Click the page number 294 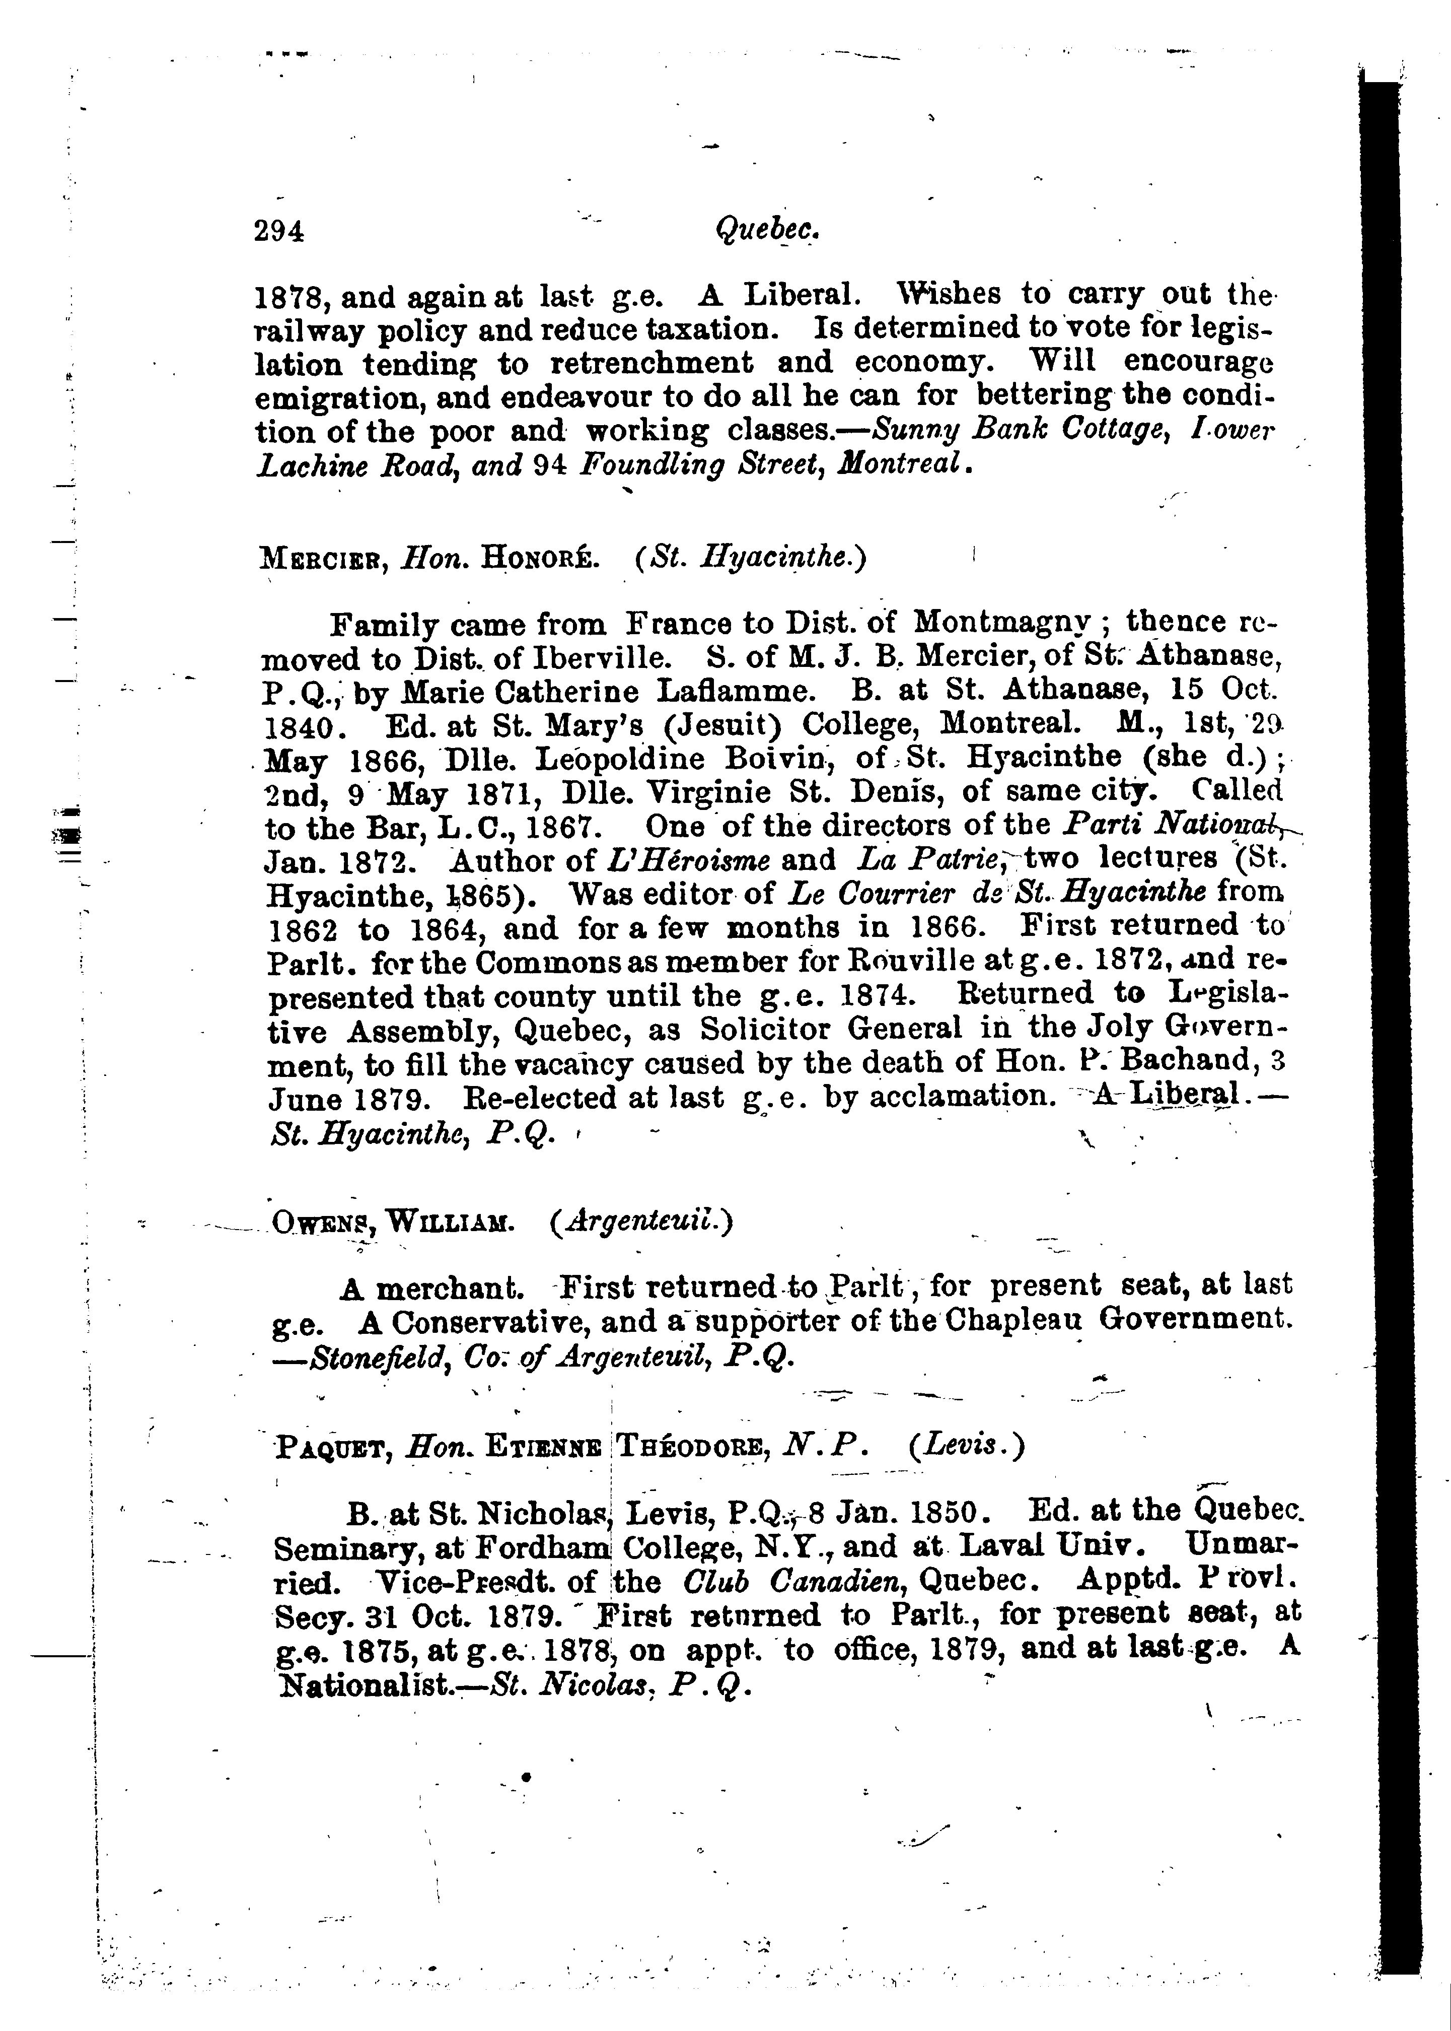(279, 232)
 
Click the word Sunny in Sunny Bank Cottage (916, 430)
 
